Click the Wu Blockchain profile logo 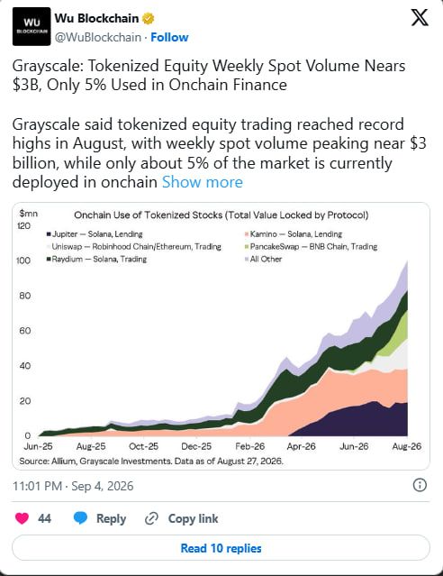[32, 26]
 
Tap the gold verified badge [148, 18]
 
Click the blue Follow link [169, 37]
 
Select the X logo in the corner [420, 17]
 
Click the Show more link [203, 182]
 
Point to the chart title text [221, 215]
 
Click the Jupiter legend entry [95, 234]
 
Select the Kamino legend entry [294, 234]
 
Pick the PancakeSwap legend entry [311, 246]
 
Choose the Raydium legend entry [96, 259]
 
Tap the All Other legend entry [263, 259]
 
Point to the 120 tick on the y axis [23, 225]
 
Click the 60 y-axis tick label [25, 331]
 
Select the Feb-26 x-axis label [250, 446]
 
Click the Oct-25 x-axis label [143, 446]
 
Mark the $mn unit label [28, 214]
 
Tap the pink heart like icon [22, 518]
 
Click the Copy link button [181, 518]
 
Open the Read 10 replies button [221, 548]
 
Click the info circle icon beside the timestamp [420, 485]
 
